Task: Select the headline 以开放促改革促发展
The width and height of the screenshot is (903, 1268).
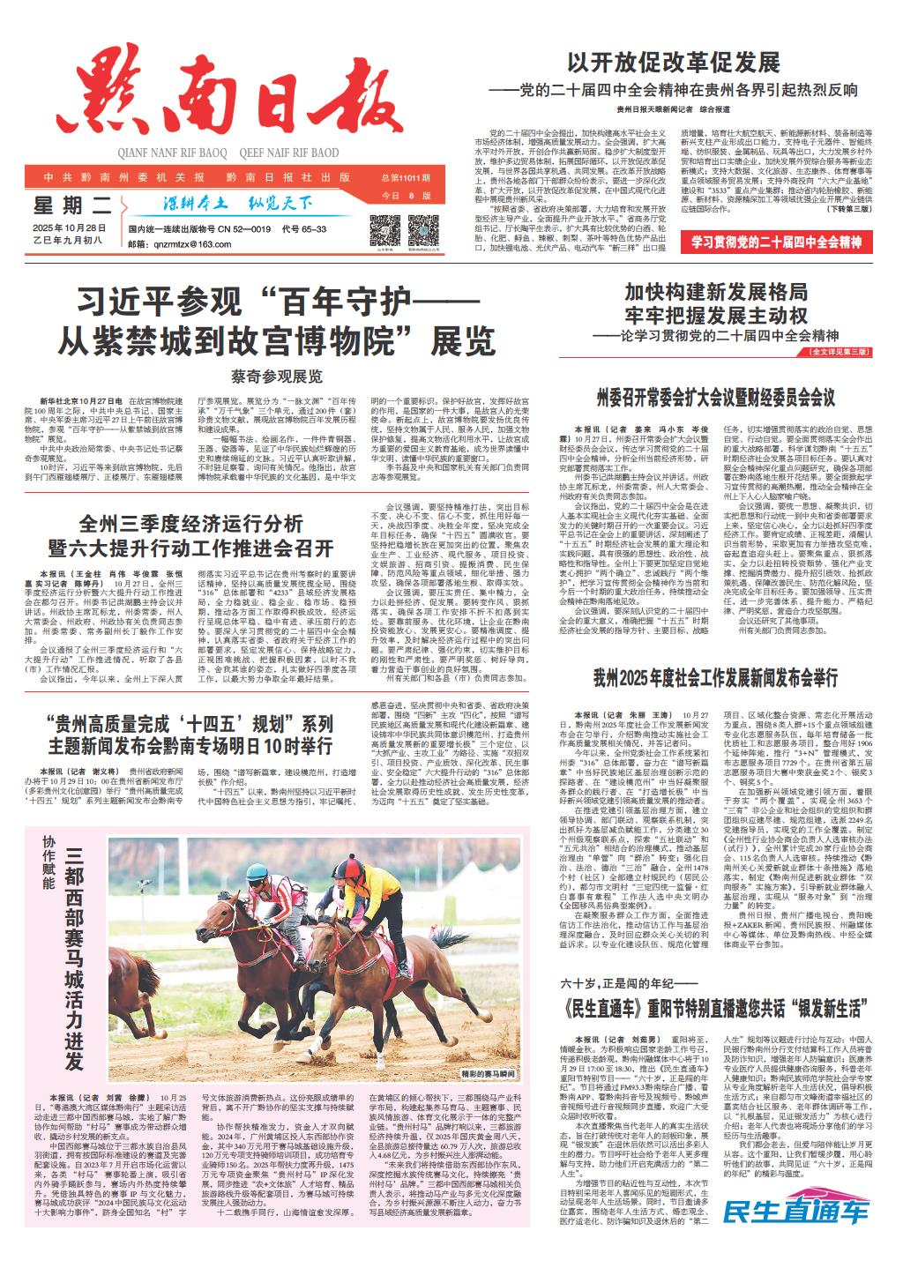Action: click(673, 63)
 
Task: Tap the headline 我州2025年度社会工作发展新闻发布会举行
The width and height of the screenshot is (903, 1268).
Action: click(714, 653)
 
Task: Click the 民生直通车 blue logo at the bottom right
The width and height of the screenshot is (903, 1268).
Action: click(795, 1212)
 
